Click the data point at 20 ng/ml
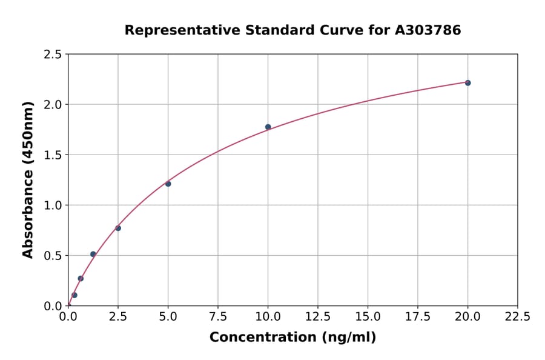[x=467, y=82]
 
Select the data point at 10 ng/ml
[x=268, y=127]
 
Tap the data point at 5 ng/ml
[x=168, y=184]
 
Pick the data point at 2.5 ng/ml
[x=118, y=228]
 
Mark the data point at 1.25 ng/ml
[x=93, y=254]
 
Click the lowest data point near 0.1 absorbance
[x=74, y=295]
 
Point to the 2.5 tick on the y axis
[x=53, y=55]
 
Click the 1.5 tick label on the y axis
[x=53, y=155]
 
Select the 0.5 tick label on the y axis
[x=53, y=256]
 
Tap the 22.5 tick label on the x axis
[x=517, y=317]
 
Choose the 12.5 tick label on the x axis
[x=317, y=317]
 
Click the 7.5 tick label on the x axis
[x=218, y=317]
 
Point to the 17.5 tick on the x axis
[x=417, y=317]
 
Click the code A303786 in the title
[x=428, y=30]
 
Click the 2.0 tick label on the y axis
[x=53, y=105]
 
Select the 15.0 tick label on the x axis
[x=368, y=317]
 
